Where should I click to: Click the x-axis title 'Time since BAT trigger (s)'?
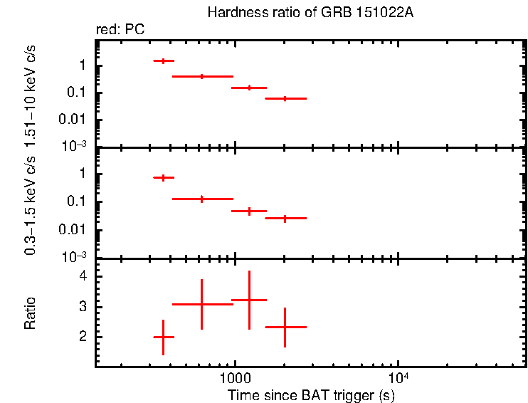click(x=311, y=394)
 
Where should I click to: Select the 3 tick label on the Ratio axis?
click(x=83, y=307)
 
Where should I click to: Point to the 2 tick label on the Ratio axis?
click(x=83, y=337)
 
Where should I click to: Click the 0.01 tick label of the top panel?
click(x=75, y=119)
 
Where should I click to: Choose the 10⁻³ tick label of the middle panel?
click(x=75, y=256)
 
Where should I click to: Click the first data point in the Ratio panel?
click(x=164, y=337)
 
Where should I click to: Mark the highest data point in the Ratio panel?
click(x=249, y=300)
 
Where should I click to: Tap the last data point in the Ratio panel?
click(x=285, y=327)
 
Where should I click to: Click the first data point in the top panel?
click(x=164, y=61)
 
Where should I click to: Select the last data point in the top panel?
click(x=285, y=98)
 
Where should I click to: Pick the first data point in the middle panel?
click(x=164, y=177)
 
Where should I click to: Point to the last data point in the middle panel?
click(x=285, y=218)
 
